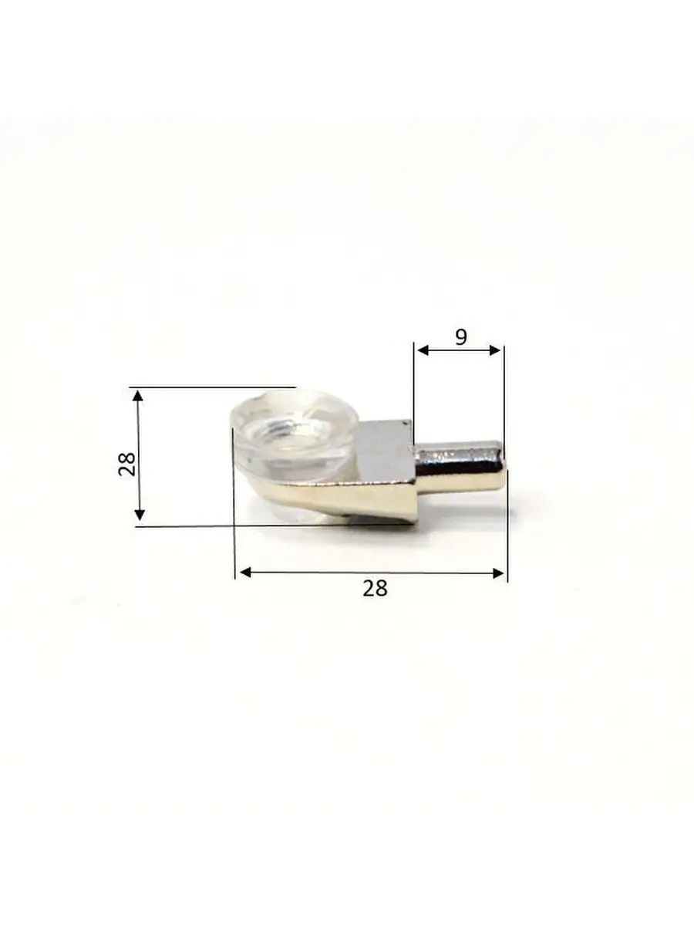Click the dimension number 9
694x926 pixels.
point(461,337)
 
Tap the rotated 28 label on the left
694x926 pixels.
point(126,464)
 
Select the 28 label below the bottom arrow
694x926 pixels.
point(375,588)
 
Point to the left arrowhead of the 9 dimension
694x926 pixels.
point(423,350)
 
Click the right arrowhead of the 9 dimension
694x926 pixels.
point(495,350)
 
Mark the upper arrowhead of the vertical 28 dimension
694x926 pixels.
point(138,396)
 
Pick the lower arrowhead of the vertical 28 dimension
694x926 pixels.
point(140,515)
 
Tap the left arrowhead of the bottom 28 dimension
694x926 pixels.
point(245,573)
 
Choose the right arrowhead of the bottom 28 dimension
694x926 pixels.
point(498,573)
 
